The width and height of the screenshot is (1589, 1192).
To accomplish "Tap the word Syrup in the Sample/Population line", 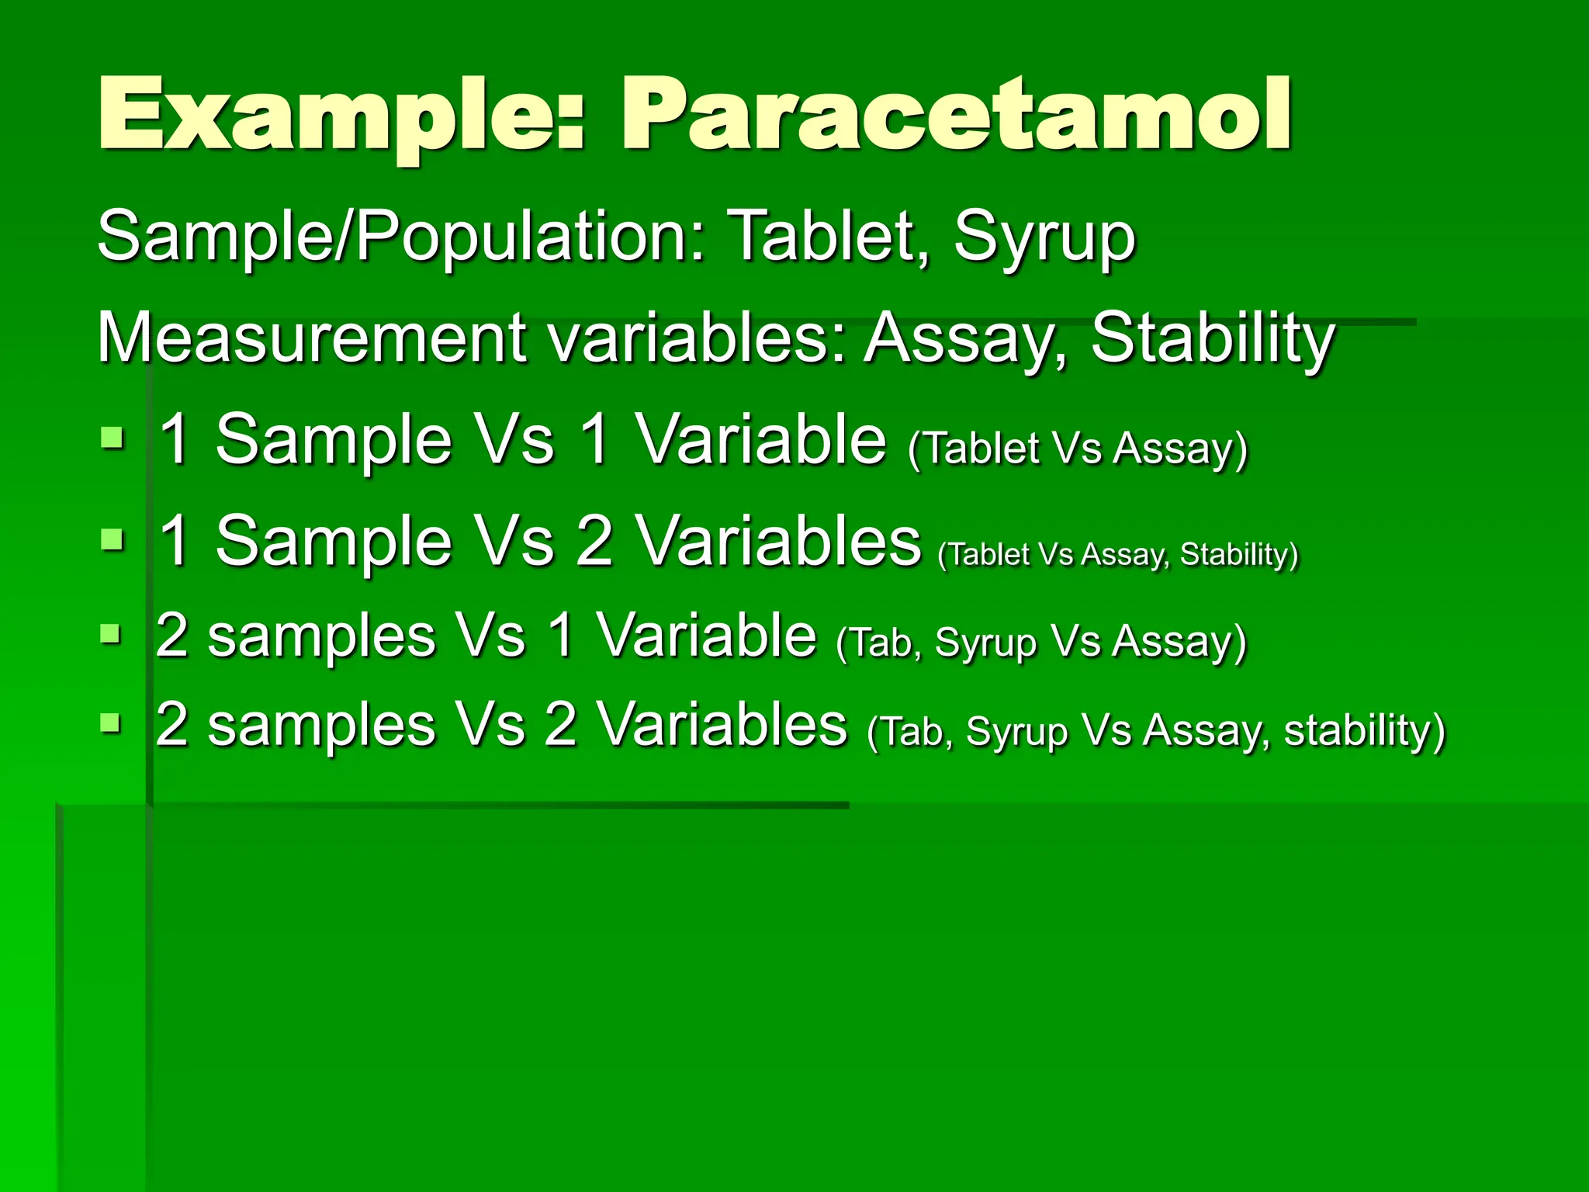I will (x=1044, y=237).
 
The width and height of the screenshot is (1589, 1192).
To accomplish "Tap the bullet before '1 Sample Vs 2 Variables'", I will (x=113, y=539).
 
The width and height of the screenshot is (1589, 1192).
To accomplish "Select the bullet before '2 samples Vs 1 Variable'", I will (x=111, y=635).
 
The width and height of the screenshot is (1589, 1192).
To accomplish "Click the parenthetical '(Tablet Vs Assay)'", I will (x=1077, y=448).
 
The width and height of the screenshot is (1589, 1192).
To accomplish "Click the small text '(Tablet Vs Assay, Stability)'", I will (x=1117, y=554).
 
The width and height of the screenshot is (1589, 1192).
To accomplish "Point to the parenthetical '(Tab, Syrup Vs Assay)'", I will (x=1040, y=642).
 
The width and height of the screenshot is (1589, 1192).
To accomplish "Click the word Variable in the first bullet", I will (x=761, y=439).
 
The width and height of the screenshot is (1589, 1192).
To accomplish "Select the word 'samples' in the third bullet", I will (x=322, y=636).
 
